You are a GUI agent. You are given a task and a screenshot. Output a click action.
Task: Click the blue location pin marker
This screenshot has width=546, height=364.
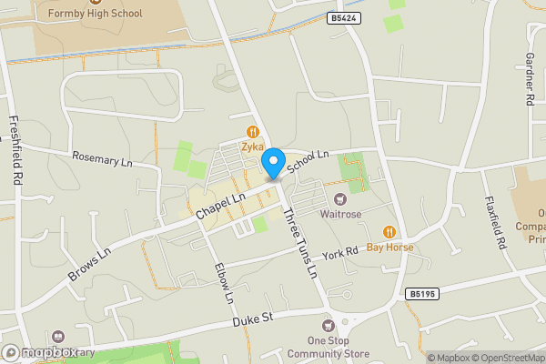[272, 164]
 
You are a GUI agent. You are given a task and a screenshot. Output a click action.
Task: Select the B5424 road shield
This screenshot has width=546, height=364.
[343, 17]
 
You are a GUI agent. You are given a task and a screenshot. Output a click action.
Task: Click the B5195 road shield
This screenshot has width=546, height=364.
[422, 294]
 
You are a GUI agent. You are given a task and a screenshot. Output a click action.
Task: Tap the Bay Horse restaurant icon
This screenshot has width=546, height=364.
[389, 232]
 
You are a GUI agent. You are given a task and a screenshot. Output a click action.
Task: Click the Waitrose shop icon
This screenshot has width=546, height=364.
[340, 199]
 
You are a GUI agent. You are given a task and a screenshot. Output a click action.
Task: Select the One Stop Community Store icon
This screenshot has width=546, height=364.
[329, 326]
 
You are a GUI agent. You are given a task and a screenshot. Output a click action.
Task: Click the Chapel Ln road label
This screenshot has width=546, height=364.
[221, 206]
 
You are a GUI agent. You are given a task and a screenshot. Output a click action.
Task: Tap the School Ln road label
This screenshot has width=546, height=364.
[308, 162]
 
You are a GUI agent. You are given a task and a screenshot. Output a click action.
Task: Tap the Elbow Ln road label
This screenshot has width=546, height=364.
[224, 283]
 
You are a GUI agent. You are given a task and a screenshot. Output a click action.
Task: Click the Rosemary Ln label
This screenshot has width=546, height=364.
[103, 159]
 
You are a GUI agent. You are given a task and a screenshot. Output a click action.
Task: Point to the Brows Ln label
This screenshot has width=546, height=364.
[89, 262]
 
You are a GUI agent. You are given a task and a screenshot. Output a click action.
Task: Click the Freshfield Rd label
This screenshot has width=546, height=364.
[14, 151]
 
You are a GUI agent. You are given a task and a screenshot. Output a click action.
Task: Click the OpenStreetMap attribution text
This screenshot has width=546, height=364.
[511, 357]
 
